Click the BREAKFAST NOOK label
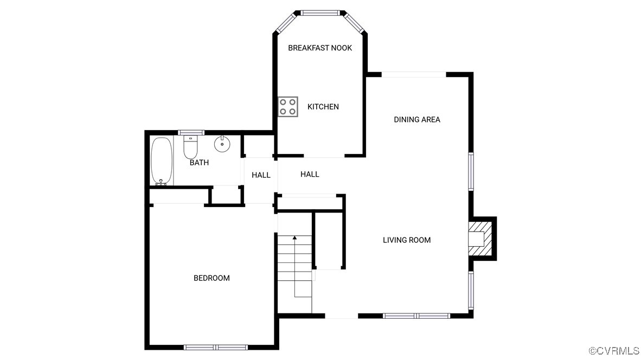click(x=320, y=48)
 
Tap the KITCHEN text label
click(x=323, y=107)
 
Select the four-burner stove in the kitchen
click(x=288, y=106)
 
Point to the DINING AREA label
click(x=417, y=119)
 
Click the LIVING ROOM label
click(x=407, y=240)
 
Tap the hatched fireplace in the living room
click(x=482, y=238)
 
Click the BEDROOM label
click(x=211, y=278)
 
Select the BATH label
click(x=199, y=163)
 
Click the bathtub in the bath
click(x=162, y=161)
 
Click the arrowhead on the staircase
click(x=294, y=237)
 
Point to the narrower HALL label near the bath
click(x=261, y=175)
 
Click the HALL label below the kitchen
click(x=310, y=174)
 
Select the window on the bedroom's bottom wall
click(x=215, y=347)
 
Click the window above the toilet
click(x=191, y=132)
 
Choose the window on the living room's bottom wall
click(x=416, y=316)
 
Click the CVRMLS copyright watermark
click(x=613, y=351)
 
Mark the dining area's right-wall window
click(x=471, y=171)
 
